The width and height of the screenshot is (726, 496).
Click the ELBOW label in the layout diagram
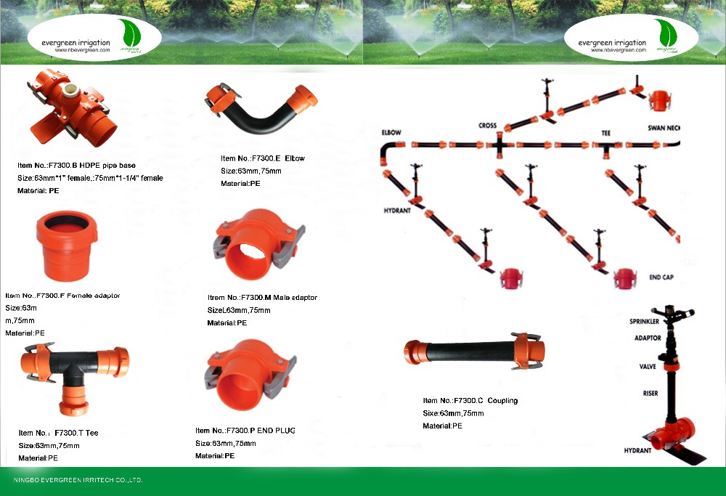click(x=391, y=133)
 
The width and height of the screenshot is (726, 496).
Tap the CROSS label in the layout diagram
click(x=487, y=126)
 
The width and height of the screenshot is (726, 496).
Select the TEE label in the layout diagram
click(x=607, y=134)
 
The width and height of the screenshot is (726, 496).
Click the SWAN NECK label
click(x=664, y=129)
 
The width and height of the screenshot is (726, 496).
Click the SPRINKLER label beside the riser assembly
click(x=645, y=320)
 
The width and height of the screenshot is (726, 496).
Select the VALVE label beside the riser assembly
click(x=648, y=367)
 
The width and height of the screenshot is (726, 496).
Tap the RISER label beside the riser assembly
click(x=650, y=393)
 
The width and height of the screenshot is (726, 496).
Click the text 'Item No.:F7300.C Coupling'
click(x=470, y=400)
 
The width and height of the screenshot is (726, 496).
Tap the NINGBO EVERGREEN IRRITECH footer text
click(x=78, y=480)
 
